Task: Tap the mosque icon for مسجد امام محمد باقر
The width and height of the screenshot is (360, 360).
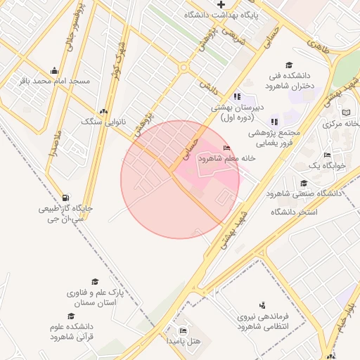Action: tap(55, 70)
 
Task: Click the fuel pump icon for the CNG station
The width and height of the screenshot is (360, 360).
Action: tap(65, 198)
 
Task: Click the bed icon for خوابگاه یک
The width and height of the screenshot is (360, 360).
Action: tap(327, 155)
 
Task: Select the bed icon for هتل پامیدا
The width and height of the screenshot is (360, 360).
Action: tap(184, 330)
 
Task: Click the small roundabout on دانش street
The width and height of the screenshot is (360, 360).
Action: tap(184, 68)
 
